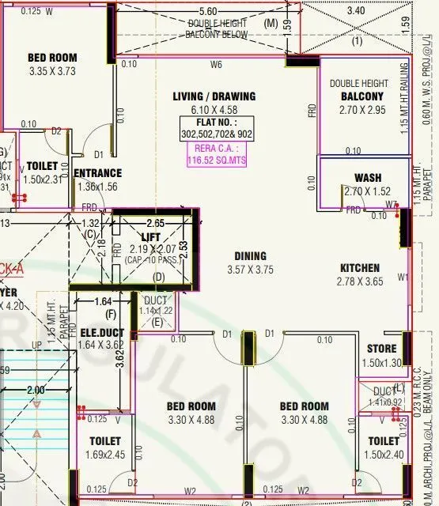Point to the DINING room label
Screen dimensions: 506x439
[x=250, y=255]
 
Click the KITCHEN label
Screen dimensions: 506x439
[x=360, y=268]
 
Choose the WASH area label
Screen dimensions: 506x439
[x=368, y=178]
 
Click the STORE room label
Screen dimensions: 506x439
[x=381, y=349]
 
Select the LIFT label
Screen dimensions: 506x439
[x=150, y=236]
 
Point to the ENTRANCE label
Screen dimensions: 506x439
[x=97, y=173]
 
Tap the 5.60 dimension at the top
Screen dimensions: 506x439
[x=208, y=12]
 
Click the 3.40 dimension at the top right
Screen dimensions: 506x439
[x=356, y=11]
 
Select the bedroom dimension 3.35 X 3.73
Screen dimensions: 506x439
[x=52, y=70]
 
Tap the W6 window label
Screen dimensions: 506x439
[x=214, y=64]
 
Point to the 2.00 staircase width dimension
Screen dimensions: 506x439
[x=36, y=391]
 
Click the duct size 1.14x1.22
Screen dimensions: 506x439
[x=155, y=311]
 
